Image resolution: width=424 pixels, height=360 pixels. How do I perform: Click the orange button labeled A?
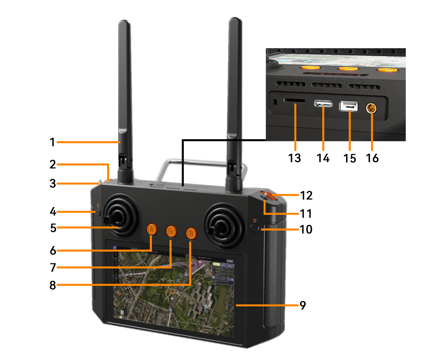pos(152,229)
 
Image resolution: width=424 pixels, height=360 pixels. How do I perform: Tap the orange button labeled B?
pos(191,234)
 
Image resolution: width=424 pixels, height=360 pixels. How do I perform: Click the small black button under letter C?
pos(98,213)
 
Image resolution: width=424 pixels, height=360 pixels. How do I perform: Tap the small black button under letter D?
pos(254,228)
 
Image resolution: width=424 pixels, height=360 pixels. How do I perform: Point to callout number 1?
pos(52,142)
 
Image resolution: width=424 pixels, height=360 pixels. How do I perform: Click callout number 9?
pos(303,305)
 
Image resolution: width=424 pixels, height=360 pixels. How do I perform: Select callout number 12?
pos(306,195)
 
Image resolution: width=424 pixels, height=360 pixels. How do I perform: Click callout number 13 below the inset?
pos(294,158)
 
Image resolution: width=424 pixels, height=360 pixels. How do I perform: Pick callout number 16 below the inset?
pos(372,158)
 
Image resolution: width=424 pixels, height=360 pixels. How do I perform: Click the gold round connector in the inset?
pos(371,108)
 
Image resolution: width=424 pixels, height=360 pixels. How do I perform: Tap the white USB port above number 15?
pos(348,106)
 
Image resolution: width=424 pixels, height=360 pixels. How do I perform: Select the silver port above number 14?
pos(323,104)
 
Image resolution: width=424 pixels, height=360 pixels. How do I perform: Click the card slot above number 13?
pos(294,100)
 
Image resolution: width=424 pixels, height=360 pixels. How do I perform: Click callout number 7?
pos(53,268)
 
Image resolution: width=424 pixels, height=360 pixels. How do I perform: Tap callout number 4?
pos(53,212)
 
